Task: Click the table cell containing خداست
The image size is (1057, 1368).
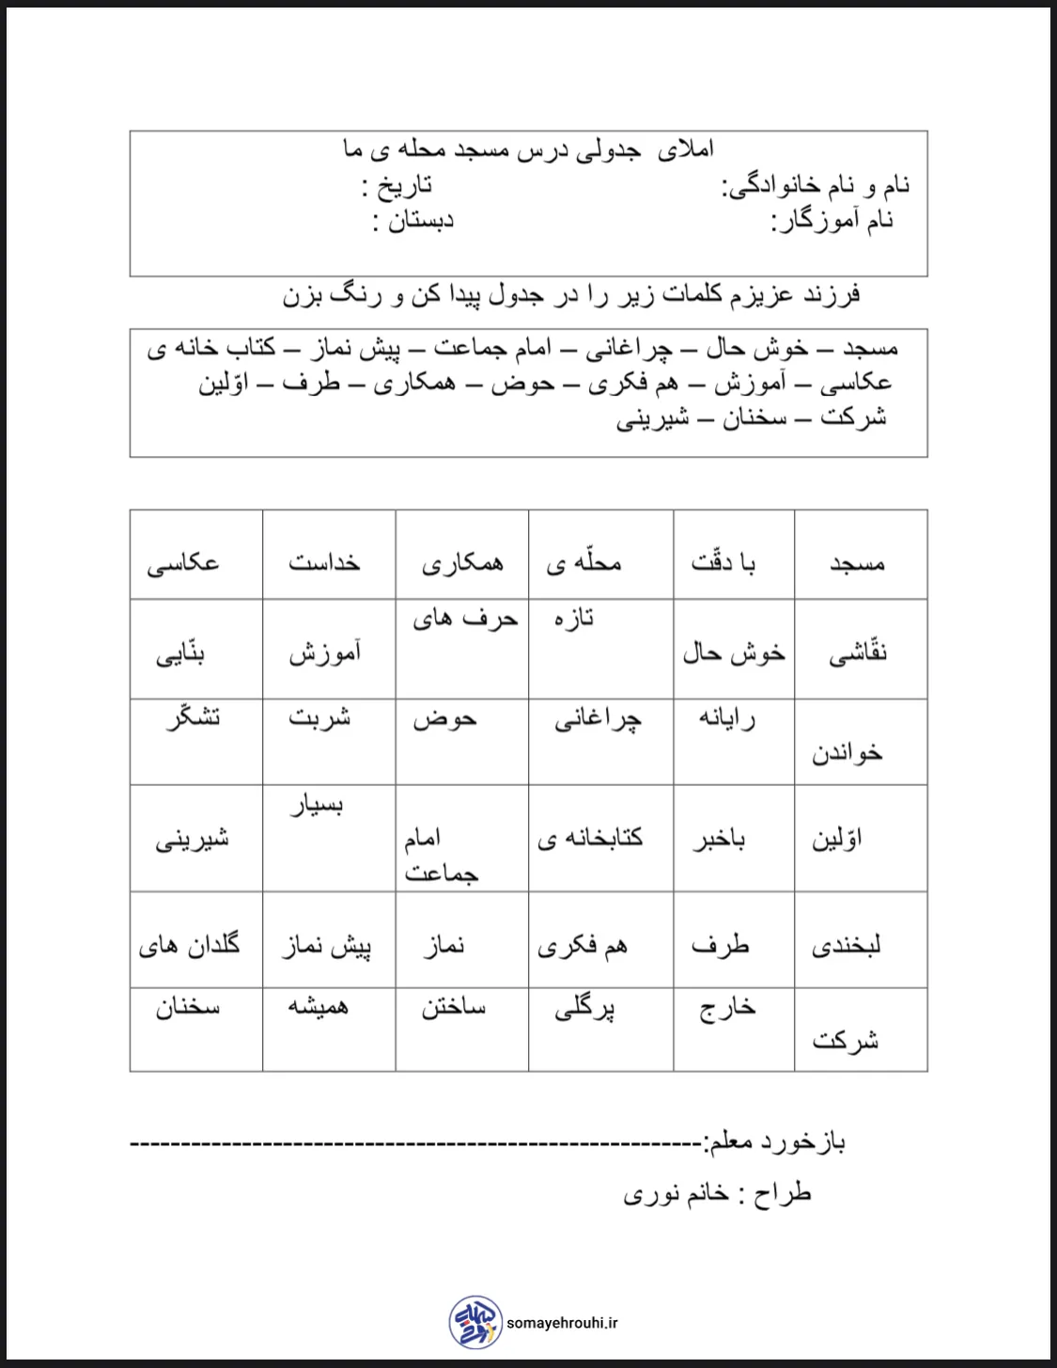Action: tap(324, 562)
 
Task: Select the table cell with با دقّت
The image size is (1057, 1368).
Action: tap(723, 562)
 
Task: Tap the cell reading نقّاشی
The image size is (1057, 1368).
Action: tap(857, 653)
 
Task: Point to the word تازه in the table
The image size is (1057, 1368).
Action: tap(573, 619)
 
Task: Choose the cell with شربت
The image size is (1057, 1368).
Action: tap(319, 717)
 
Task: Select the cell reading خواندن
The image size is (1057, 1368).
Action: tap(847, 753)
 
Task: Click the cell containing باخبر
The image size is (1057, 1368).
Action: tap(720, 839)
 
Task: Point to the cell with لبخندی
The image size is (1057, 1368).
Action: tap(846, 945)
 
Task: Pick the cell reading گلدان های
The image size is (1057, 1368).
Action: tap(189, 945)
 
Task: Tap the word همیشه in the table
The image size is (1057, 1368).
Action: tap(318, 1007)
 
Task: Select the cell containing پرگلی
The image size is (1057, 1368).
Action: tap(584, 1010)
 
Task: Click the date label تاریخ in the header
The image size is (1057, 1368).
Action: tap(398, 185)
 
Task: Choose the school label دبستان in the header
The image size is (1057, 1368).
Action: tap(413, 221)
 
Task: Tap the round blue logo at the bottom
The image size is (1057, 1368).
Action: tap(475, 1322)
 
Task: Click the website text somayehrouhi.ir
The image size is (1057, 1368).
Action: tap(562, 1323)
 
